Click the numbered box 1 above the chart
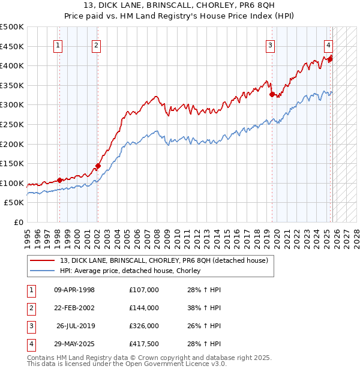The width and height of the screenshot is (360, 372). tap(58, 44)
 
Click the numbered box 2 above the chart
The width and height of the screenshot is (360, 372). tap(96, 44)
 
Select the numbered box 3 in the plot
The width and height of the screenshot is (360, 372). tap(271, 44)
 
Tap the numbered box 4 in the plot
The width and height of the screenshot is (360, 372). tap(329, 44)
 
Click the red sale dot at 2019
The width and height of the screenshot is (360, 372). tap(272, 94)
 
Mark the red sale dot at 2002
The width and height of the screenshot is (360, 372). tap(98, 166)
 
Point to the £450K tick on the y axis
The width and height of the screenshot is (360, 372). tap(12, 46)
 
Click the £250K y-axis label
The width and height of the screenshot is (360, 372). tap(12, 124)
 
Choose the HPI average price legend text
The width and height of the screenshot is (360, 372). tap(130, 271)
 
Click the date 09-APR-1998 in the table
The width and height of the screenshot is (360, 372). tap(74, 290)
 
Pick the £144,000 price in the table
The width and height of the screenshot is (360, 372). tap(144, 308)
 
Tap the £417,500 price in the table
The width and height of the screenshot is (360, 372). tap(144, 344)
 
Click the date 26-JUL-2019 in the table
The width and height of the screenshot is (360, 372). tap(76, 326)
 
